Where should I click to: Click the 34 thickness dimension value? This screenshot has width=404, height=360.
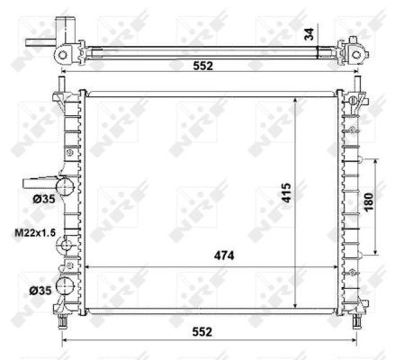pyautogui.click(x=308, y=33)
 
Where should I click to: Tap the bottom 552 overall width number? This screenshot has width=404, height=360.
pyautogui.click(x=201, y=332)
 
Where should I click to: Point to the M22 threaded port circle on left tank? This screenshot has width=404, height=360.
pyautogui.click(x=64, y=240)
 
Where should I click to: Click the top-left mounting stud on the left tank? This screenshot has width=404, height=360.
pyautogui.click(x=62, y=87)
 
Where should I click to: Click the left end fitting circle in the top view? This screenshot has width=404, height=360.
pyautogui.click(x=62, y=54)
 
